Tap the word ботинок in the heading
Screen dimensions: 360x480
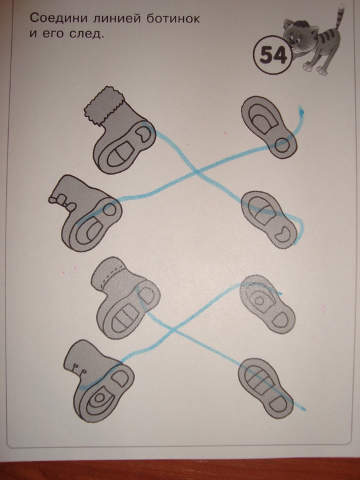pos(173,18)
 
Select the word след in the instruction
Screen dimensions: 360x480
pos(87,34)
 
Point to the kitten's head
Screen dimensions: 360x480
pos(299,35)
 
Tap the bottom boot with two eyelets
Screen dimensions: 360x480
pos(98,381)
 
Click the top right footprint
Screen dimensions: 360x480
pos(269,127)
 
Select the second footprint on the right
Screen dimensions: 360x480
pos(269,219)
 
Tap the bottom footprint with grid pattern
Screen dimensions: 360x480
pos(265,388)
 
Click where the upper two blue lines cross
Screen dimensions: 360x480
pos(197,173)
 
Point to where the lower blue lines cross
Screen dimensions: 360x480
pos(173,330)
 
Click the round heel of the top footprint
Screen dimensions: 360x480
pos(282,145)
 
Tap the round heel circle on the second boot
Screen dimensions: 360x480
pos(109,210)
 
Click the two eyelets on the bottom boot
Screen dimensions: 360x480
pos(78,369)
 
